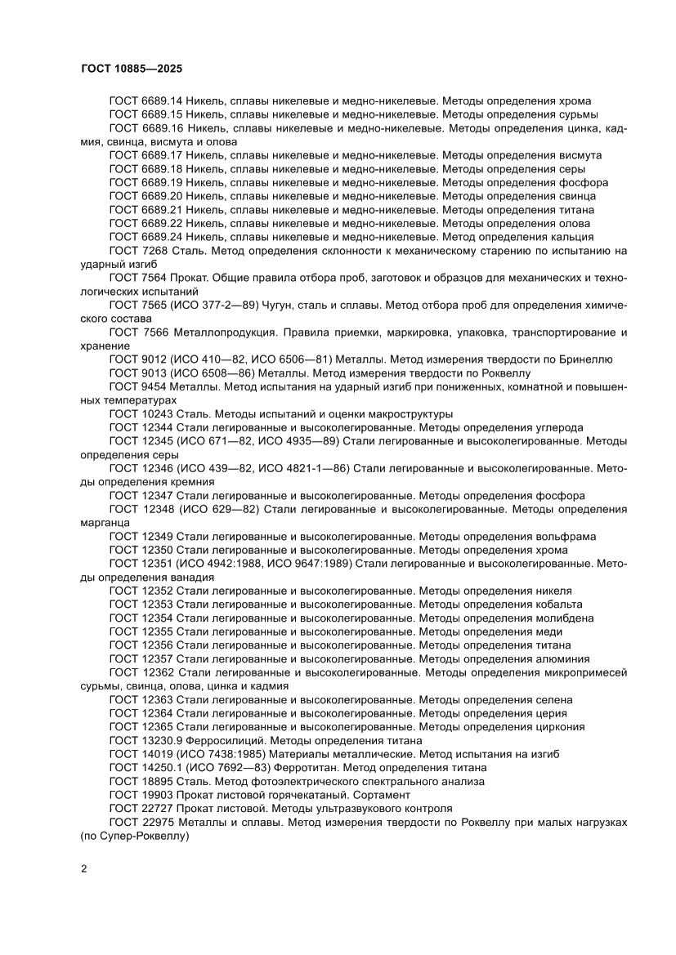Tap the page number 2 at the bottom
[x=84, y=868]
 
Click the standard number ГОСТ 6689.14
[x=145, y=101]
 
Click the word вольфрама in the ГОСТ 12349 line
[x=565, y=537]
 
